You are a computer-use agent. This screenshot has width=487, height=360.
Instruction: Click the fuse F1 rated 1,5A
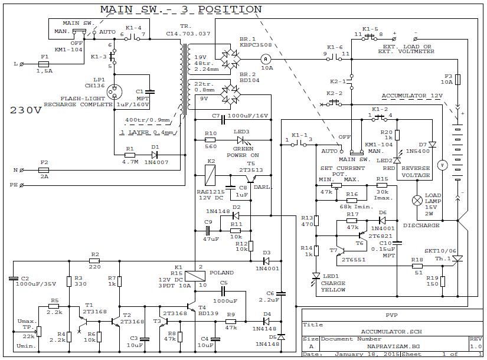click(43, 63)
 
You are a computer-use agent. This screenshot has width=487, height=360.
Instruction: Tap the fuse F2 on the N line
click(44, 170)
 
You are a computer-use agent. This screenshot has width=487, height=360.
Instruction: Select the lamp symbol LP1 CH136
click(115, 92)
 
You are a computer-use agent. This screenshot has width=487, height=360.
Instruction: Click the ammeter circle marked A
click(266, 58)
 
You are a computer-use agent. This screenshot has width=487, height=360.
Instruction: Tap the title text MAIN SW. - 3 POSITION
click(181, 9)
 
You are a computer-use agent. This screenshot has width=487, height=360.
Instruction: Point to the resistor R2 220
click(94, 260)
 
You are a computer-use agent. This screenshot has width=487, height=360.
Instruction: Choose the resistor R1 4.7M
click(130, 155)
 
